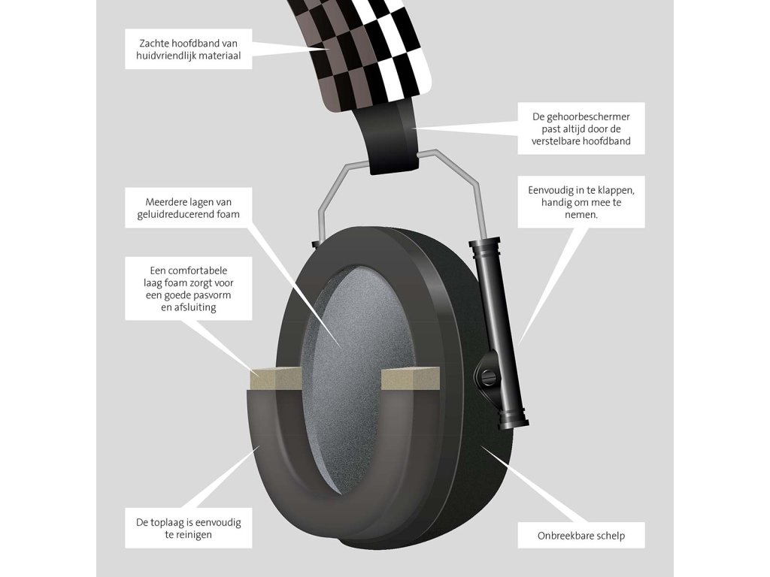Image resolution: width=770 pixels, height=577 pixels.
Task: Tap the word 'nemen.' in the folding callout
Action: [x=582, y=214]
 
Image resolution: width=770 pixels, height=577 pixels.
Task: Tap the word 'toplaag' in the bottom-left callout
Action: [x=171, y=521]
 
